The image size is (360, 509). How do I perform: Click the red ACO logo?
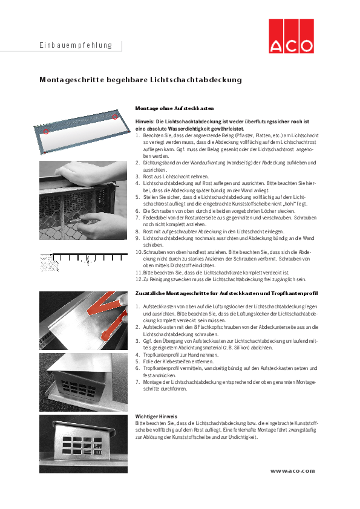[292, 37]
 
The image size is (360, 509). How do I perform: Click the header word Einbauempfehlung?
[76, 45]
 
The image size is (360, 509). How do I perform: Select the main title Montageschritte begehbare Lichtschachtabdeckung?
[140, 80]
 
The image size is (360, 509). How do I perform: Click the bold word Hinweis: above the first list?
[146, 122]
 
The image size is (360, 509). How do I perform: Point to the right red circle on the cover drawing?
[114, 116]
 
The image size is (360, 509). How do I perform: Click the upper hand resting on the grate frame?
[91, 174]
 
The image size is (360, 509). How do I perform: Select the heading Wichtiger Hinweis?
[156, 417]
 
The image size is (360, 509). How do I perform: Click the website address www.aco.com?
[292, 470]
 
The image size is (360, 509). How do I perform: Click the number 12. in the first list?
[138, 279]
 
